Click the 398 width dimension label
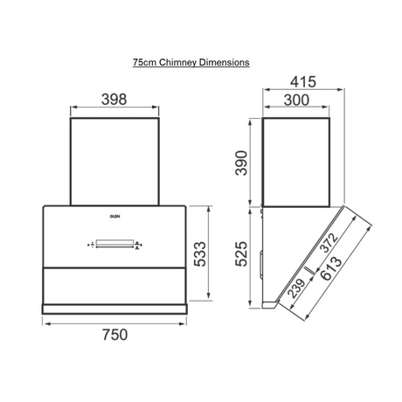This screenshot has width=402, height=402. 114,100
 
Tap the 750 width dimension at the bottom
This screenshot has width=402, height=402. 114,335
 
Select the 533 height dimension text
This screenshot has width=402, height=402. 200,253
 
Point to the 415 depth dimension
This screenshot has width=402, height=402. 303,82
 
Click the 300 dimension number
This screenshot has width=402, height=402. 296,100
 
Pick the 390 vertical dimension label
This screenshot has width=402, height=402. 241,163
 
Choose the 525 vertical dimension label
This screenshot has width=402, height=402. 241,253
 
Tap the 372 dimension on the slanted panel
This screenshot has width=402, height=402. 329,242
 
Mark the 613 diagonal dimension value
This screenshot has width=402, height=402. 332,268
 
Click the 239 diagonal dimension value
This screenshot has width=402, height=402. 296,288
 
